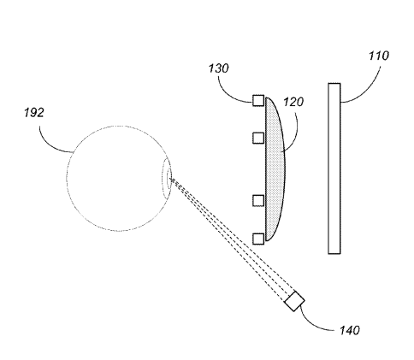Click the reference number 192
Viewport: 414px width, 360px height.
[34, 113]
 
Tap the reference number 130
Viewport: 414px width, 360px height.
[219, 68]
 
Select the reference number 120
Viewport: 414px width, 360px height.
[293, 102]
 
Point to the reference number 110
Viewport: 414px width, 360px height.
[379, 56]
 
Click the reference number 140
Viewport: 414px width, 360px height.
[350, 330]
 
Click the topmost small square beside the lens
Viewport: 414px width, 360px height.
[258, 100]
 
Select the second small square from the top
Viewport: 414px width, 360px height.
[258, 138]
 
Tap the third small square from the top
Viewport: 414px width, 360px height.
[258, 200]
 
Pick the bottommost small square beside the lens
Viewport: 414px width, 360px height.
[258, 239]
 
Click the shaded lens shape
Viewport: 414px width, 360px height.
[275, 169]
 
